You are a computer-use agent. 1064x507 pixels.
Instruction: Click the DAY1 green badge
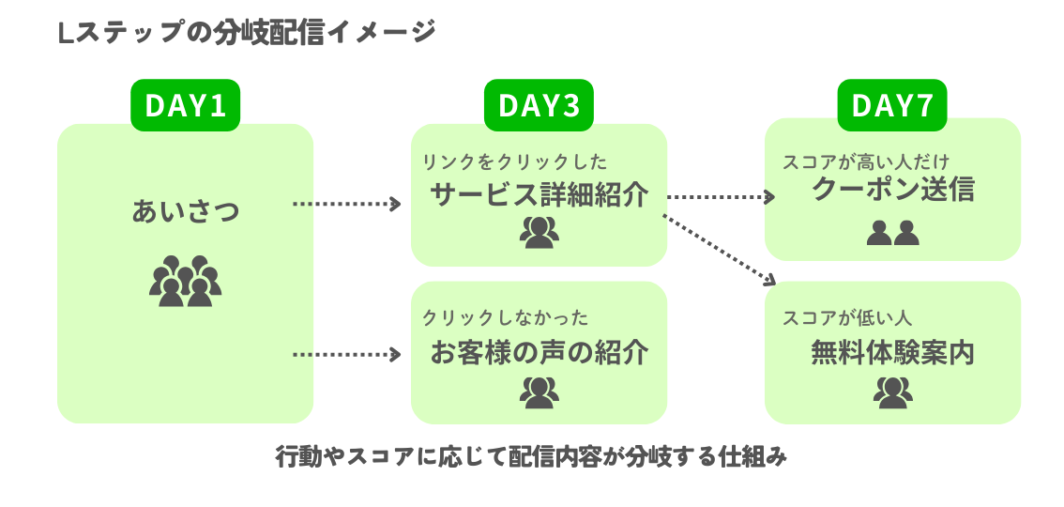(x=185, y=105)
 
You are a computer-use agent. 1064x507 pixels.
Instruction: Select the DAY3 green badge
(x=539, y=105)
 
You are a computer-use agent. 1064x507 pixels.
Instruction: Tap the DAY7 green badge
(x=891, y=105)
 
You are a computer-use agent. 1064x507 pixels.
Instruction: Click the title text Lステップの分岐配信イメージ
(x=247, y=33)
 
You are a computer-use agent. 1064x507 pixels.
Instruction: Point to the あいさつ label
(x=185, y=210)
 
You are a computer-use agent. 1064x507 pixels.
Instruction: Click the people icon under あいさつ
(x=185, y=281)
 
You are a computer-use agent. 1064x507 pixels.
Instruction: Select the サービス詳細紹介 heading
(x=539, y=193)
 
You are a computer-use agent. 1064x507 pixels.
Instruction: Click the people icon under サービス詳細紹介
(x=539, y=233)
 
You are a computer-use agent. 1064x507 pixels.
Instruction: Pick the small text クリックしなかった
(x=506, y=318)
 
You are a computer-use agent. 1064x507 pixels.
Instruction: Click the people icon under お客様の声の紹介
(x=539, y=392)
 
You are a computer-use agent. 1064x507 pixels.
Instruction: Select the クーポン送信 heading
(x=892, y=191)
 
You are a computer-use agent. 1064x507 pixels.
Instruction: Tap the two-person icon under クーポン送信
(x=892, y=232)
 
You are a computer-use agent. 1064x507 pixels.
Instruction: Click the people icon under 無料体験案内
(x=892, y=392)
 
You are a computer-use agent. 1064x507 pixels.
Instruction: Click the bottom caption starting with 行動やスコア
(x=530, y=457)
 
